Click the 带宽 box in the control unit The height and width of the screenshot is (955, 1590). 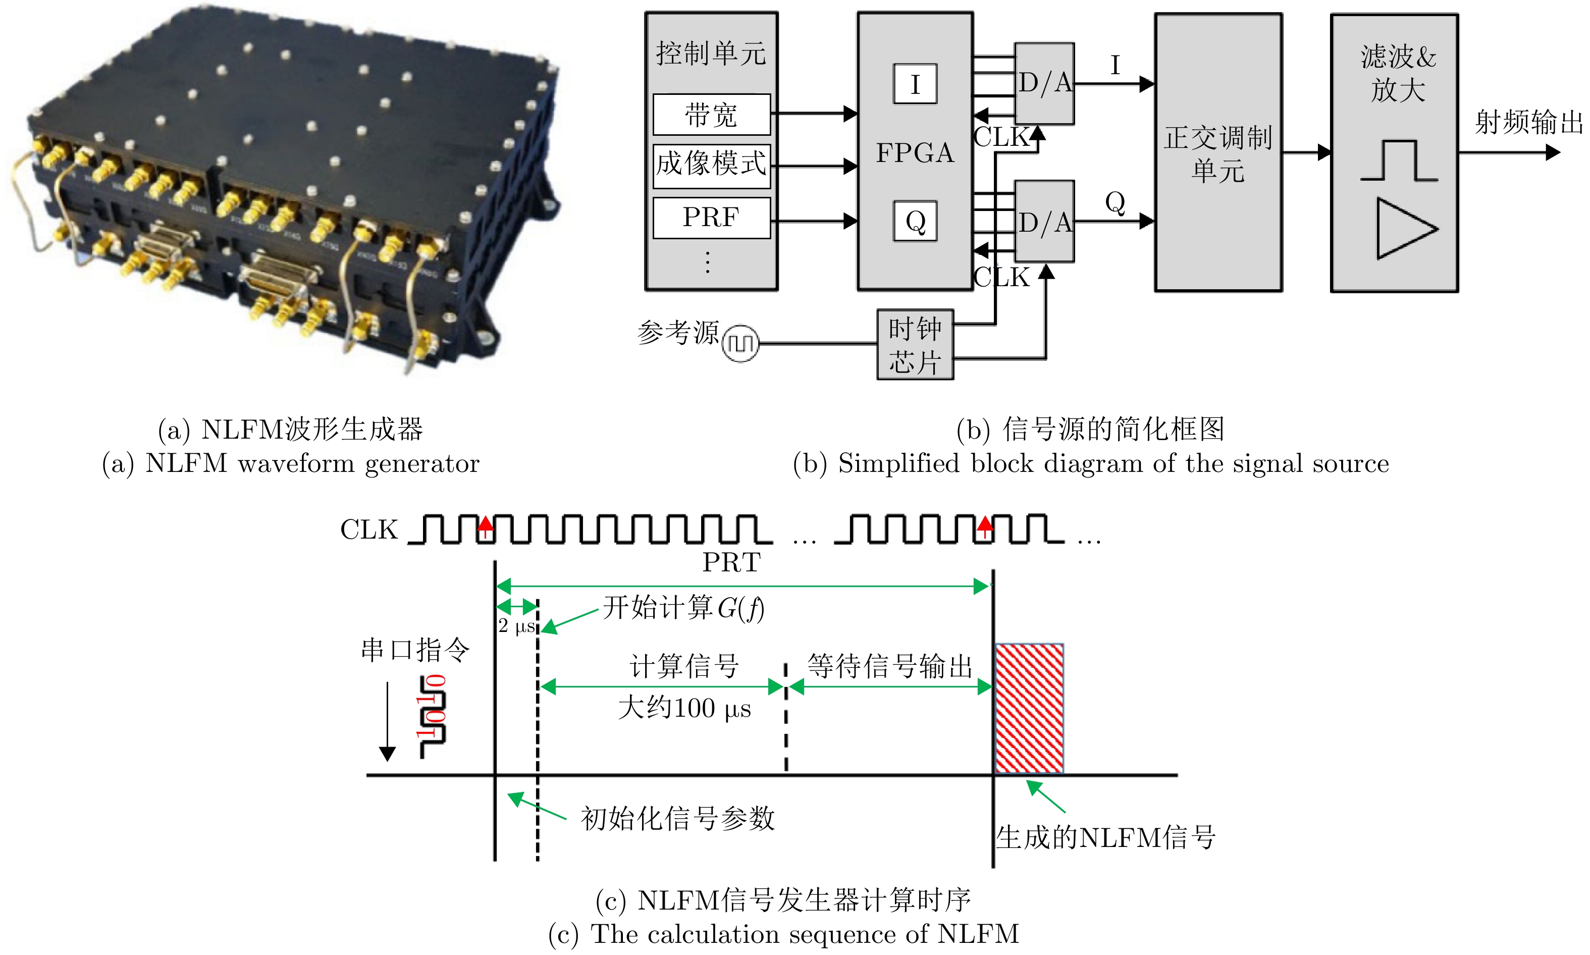[x=711, y=115]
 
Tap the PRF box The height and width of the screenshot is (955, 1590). [x=711, y=218]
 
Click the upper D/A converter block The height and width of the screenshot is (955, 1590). [x=1044, y=83]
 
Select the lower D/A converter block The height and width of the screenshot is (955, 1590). [x=1044, y=222]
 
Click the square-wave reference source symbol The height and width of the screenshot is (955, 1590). [x=740, y=344]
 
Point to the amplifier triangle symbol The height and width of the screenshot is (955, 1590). [x=1405, y=229]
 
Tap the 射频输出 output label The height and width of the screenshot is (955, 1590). [x=1528, y=122]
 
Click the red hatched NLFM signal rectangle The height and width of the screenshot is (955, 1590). [x=1028, y=708]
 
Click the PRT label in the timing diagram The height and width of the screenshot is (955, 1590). [x=731, y=562]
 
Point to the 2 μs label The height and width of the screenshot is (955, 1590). [x=516, y=625]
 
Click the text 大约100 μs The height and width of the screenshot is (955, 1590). [x=684, y=708]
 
